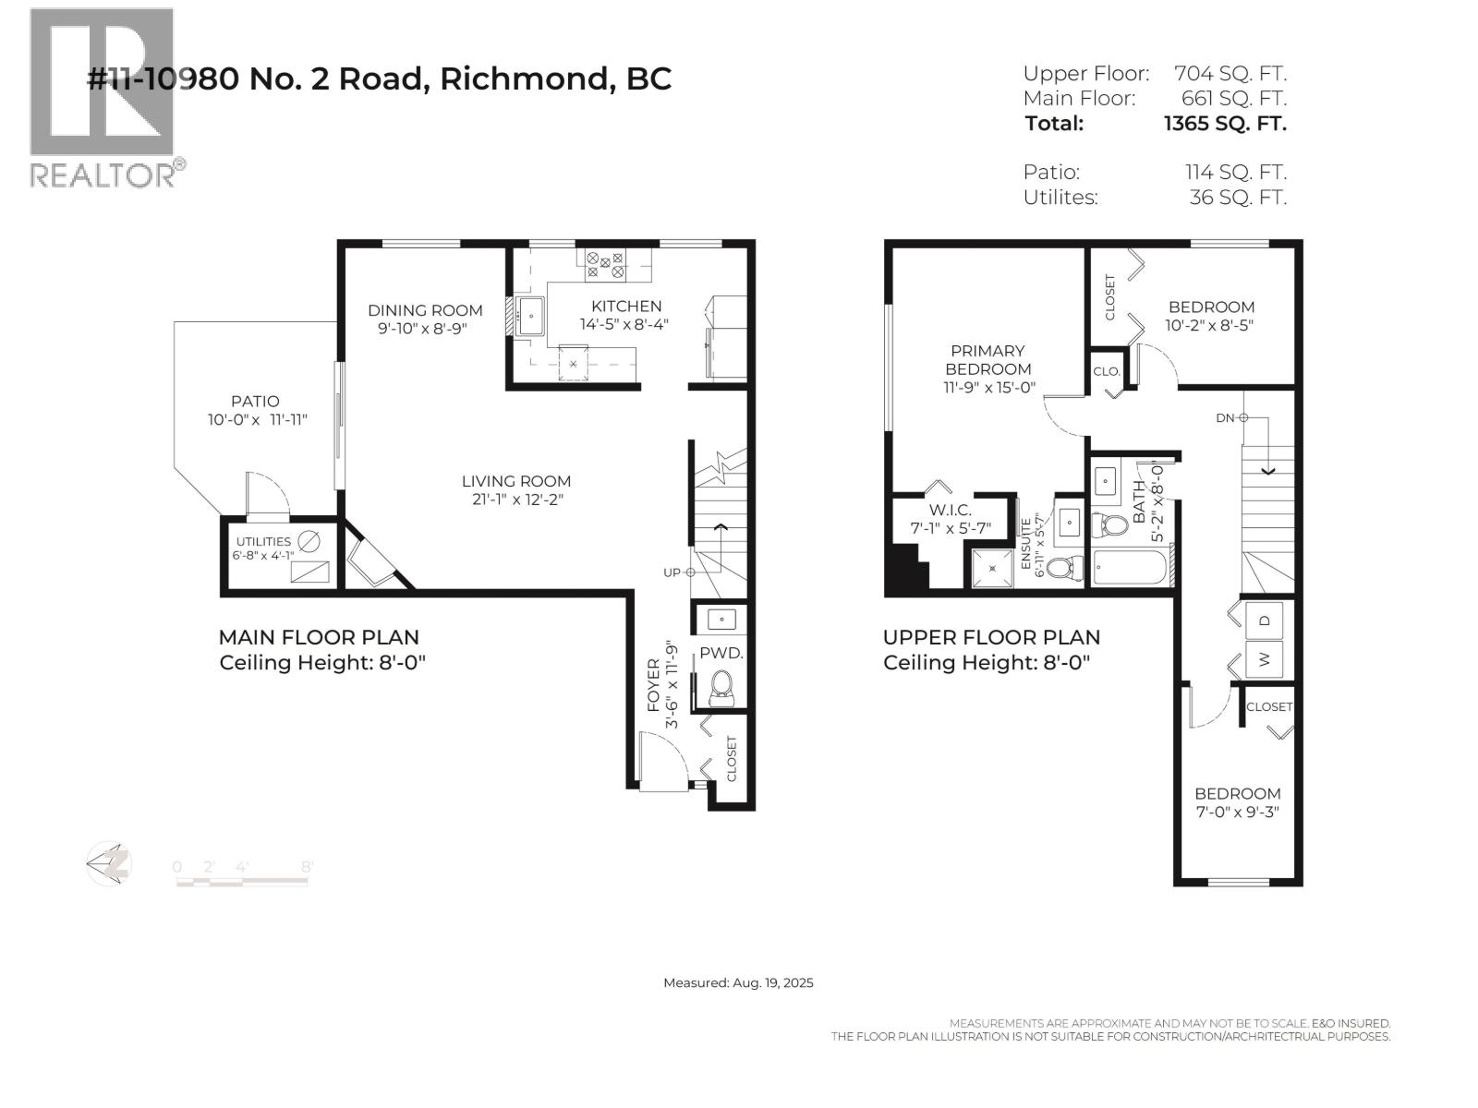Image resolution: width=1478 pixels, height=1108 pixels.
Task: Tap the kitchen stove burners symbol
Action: click(x=605, y=264)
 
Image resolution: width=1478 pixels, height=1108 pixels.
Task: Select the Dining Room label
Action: click(x=425, y=310)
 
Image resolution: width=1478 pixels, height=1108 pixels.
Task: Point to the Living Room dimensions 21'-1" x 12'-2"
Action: click(x=516, y=500)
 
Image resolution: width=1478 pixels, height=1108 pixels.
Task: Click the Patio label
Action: click(x=255, y=402)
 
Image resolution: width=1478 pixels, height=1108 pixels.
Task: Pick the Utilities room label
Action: click(x=263, y=542)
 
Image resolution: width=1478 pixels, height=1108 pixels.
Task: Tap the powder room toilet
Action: click(x=722, y=688)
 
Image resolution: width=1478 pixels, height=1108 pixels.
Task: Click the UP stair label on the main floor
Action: click(x=672, y=572)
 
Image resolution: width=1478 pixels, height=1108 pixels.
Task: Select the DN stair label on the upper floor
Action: click(x=1225, y=417)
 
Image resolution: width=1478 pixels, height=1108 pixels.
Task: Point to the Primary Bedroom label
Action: click(x=987, y=360)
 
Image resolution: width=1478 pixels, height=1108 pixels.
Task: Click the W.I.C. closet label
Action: click(x=951, y=511)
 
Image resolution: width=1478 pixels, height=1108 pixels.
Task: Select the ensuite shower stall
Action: click(x=992, y=569)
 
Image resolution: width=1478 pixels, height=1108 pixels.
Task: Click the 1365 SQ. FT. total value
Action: click(x=1225, y=124)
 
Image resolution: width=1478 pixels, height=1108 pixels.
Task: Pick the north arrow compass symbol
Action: click(x=108, y=864)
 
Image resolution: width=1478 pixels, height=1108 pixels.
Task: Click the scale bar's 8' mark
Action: click(x=307, y=866)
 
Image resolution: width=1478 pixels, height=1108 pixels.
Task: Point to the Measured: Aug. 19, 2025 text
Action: click(x=738, y=982)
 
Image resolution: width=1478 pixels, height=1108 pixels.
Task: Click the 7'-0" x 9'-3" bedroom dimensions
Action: click(x=1238, y=812)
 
